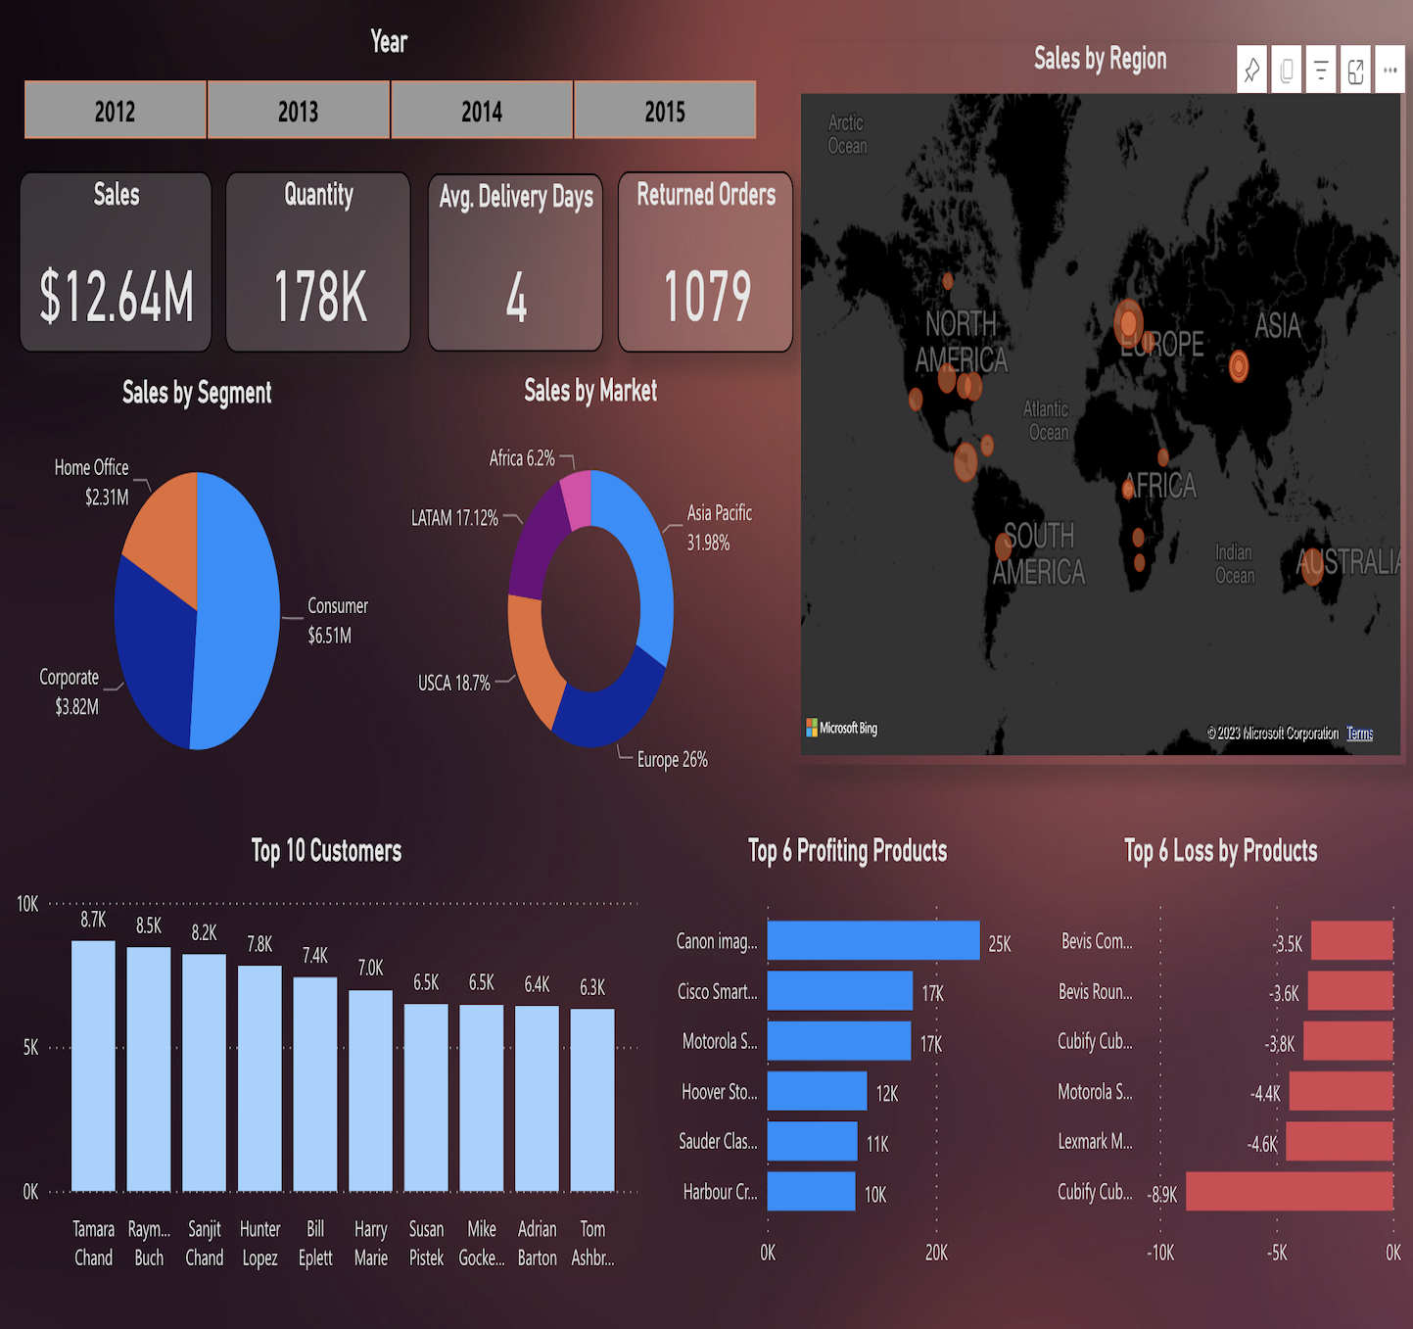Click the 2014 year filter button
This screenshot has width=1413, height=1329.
click(x=482, y=111)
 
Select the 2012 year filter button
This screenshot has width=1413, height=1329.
click(x=116, y=111)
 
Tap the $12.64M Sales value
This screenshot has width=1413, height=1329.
click(x=117, y=297)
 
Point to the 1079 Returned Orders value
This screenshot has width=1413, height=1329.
click(x=707, y=297)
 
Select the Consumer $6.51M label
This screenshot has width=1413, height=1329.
click(x=338, y=620)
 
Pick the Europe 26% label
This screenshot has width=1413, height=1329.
click(x=672, y=760)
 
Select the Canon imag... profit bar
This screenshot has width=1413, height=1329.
click(x=872, y=940)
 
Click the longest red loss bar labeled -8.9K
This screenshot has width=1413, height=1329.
click(x=1289, y=1191)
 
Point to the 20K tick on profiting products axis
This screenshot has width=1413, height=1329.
click(x=936, y=1253)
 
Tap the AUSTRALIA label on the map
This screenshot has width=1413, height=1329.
click(x=1349, y=562)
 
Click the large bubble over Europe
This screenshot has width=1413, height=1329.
click(x=1129, y=322)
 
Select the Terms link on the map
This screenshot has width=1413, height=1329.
click(x=1359, y=734)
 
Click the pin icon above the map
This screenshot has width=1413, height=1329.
click(x=1251, y=70)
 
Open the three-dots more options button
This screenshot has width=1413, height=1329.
click(x=1389, y=70)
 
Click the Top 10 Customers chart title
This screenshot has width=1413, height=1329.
click(x=326, y=851)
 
